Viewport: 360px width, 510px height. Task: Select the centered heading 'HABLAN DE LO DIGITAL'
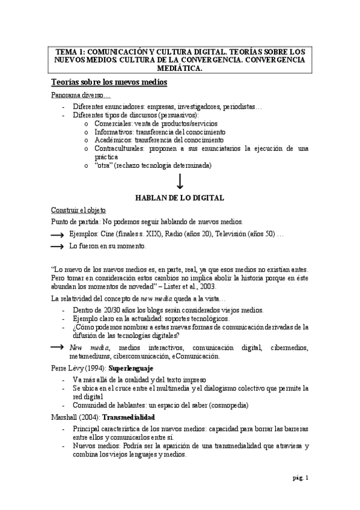(x=180, y=197)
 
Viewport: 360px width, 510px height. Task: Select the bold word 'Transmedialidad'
(x=129, y=416)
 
